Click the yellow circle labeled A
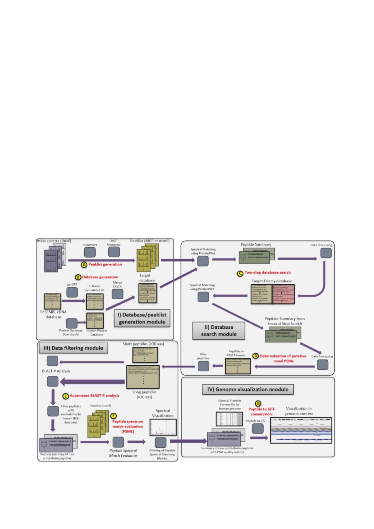click(84, 264)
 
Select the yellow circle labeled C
click(240, 273)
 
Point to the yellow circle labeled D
click(256, 356)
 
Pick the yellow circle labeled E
click(66, 396)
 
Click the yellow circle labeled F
click(114, 416)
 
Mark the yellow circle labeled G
click(258, 404)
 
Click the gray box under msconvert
click(90, 253)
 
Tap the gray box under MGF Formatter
click(114, 253)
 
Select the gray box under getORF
click(72, 292)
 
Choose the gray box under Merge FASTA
click(117, 293)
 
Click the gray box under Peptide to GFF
click(258, 428)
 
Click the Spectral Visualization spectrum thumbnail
click(163, 427)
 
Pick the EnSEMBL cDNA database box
click(52, 301)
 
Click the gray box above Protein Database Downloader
click(72, 323)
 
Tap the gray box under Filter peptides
click(203, 366)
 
